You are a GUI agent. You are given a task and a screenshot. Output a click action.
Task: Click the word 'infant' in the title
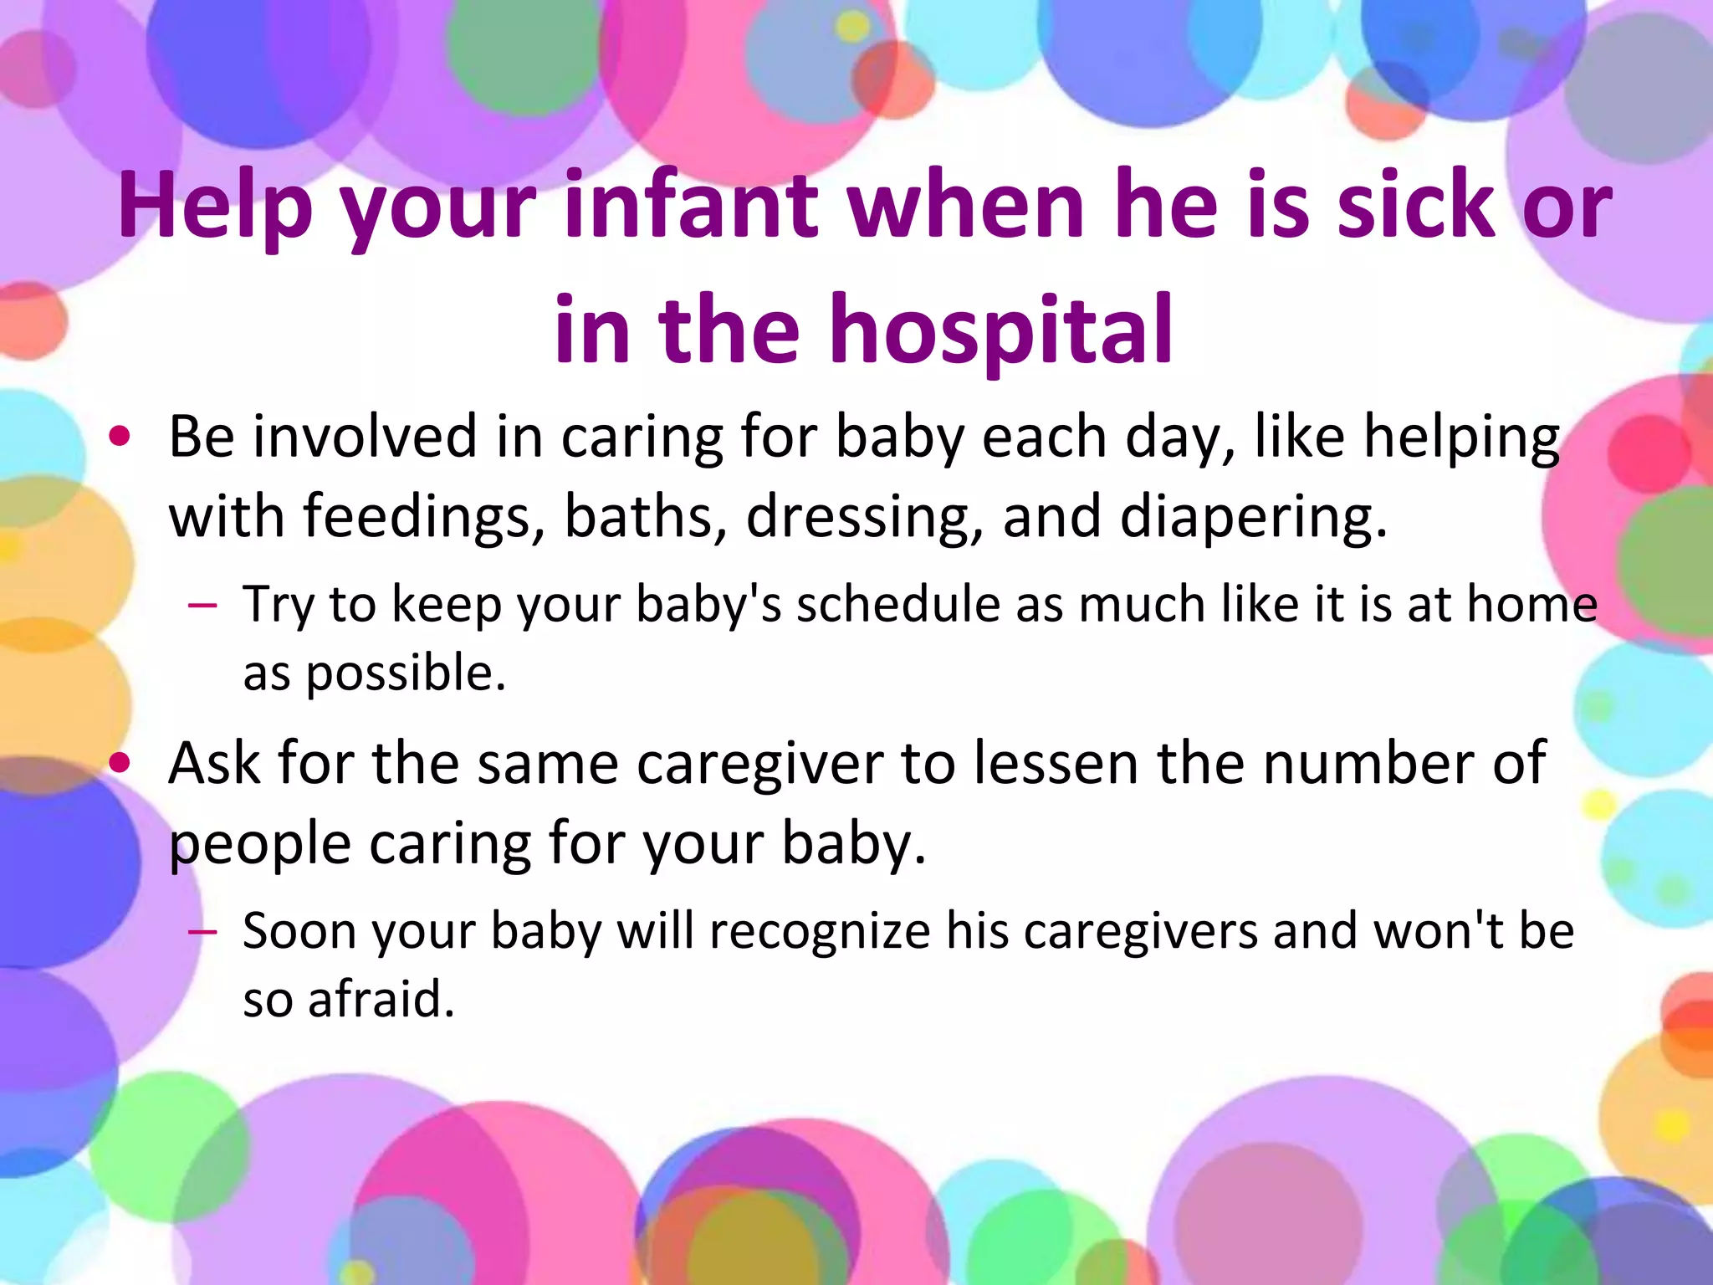(x=691, y=205)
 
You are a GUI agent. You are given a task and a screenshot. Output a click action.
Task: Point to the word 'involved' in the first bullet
(x=365, y=437)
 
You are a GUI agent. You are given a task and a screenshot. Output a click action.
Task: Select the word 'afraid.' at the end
(x=381, y=999)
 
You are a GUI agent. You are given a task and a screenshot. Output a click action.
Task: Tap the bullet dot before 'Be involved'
(x=120, y=436)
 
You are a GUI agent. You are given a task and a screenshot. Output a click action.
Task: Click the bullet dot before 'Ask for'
(x=120, y=762)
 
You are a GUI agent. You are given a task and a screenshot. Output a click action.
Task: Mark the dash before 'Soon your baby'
(x=203, y=931)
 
